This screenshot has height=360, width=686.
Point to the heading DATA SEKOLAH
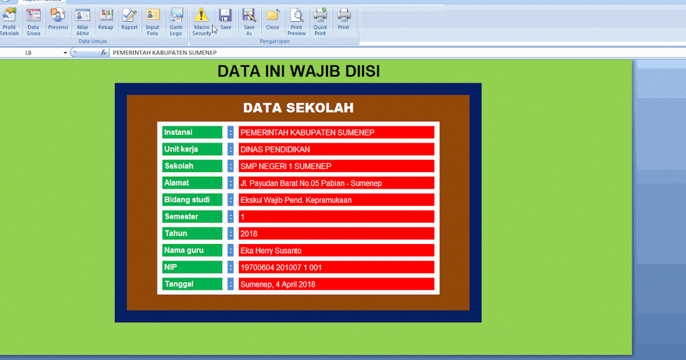click(x=298, y=108)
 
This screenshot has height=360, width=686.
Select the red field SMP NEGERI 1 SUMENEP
click(x=336, y=166)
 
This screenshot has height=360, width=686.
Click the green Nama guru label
click(x=192, y=250)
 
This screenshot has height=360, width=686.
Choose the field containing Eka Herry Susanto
click(x=336, y=250)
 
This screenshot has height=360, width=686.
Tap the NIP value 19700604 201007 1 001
click(x=336, y=267)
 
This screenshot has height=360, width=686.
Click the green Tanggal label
click(x=192, y=284)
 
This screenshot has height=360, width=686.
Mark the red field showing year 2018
click(x=336, y=234)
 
